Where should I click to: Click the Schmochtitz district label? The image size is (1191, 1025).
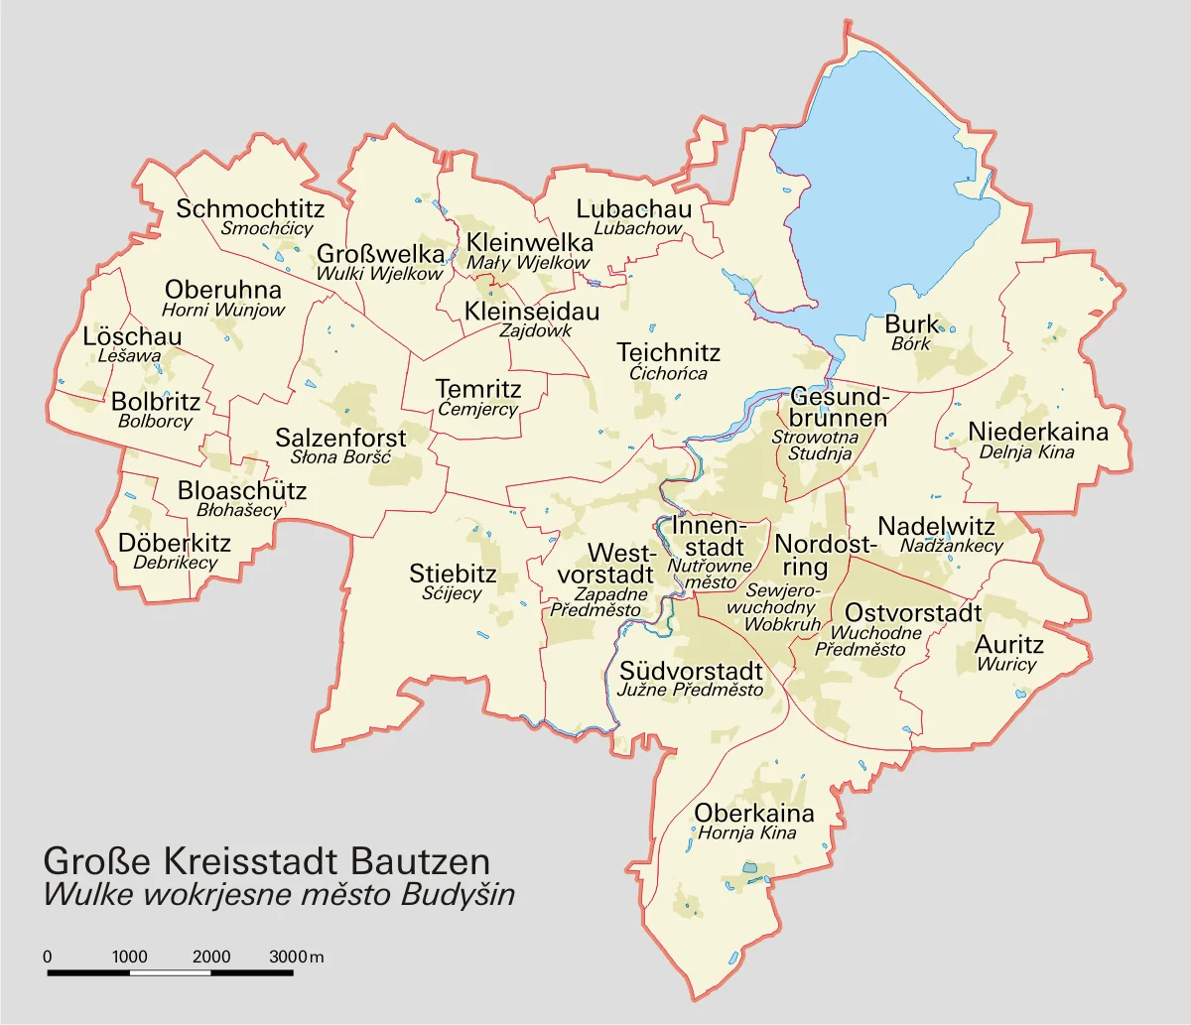(250, 209)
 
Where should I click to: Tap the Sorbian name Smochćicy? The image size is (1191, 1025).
(267, 228)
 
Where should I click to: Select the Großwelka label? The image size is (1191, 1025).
(380, 254)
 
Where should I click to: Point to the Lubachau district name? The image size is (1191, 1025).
(634, 209)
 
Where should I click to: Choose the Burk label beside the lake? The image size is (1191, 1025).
(911, 324)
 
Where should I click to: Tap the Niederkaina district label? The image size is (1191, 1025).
(1038, 432)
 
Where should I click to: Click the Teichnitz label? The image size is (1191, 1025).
(668, 352)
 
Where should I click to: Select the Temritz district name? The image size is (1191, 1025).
(478, 389)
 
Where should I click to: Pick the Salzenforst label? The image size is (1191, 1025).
(340, 438)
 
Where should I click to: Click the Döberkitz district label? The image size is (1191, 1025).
(175, 543)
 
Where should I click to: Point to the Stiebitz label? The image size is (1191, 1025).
(453, 574)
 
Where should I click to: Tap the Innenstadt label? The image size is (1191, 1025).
(709, 536)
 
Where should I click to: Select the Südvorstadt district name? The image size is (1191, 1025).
(691, 671)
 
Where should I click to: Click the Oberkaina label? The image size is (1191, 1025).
(753, 814)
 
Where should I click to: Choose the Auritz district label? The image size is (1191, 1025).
(1006, 645)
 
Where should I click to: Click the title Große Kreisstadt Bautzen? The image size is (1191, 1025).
(267, 859)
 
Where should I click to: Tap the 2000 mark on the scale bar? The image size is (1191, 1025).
(211, 958)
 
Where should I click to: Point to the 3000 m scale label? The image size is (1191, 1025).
(296, 958)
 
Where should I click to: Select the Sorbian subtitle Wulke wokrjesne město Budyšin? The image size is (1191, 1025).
(279, 894)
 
